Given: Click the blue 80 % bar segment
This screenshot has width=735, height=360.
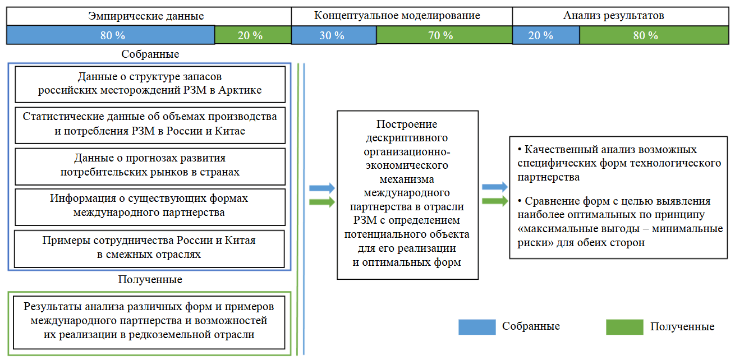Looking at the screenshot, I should tap(111, 35).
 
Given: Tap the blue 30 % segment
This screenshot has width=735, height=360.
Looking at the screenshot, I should tap(333, 35).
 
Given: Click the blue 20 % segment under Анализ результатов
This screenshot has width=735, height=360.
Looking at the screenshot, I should tap(545, 35).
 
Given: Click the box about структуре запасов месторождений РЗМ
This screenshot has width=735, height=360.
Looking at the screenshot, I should tap(149, 84).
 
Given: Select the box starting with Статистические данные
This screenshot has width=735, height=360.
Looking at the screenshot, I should tap(149, 124).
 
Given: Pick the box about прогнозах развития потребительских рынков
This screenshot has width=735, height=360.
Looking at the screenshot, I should tap(149, 165).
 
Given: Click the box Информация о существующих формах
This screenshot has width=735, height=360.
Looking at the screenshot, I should tap(149, 206).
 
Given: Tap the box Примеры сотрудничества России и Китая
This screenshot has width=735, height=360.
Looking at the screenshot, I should tap(149, 248).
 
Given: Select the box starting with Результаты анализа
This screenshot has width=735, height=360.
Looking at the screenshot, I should tap(149, 322).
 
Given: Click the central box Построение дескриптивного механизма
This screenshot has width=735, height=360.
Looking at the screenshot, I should tap(407, 195).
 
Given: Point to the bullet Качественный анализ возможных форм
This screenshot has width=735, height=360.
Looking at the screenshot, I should tap(619, 163).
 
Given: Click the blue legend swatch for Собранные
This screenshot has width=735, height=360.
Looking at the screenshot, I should tap(477, 327).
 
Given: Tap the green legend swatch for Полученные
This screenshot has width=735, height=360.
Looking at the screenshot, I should tap(624, 327).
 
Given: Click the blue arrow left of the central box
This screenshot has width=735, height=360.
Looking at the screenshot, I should tap(322, 188).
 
